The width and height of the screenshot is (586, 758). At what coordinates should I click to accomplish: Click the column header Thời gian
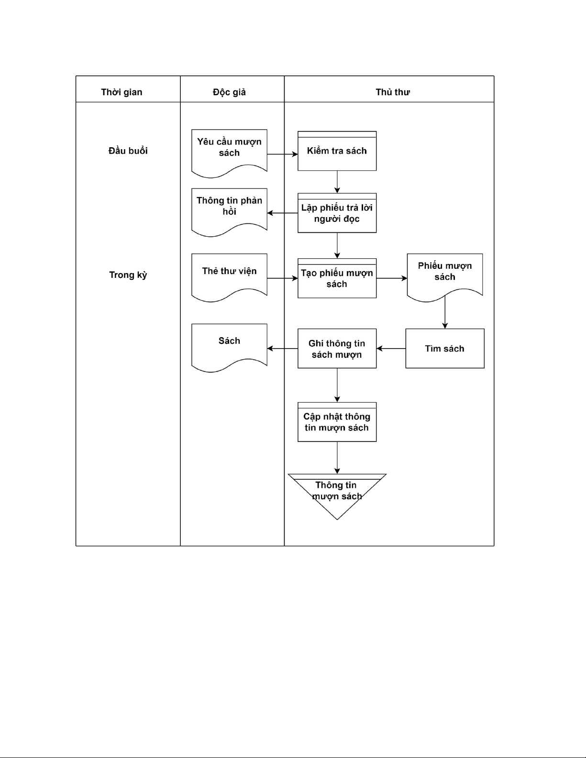click(122, 92)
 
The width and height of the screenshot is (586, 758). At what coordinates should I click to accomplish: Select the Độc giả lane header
click(229, 92)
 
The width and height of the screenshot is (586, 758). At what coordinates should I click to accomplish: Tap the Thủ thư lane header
click(392, 92)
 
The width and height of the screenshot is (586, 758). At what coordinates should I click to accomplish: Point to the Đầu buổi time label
click(128, 151)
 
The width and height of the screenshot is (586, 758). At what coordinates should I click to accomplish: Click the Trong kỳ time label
click(128, 275)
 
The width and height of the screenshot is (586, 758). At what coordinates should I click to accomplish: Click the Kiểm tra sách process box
click(337, 151)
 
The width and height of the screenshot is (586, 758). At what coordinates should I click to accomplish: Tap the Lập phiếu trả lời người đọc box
click(337, 213)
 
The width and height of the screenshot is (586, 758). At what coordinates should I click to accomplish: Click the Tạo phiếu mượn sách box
click(337, 278)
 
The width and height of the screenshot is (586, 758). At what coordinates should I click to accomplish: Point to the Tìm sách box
click(444, 349)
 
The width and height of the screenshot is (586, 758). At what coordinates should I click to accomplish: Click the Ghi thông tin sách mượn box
click(337, 349)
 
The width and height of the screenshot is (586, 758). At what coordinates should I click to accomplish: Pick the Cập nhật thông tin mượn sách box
click(337, 422)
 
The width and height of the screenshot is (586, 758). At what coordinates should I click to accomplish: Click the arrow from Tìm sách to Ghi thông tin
click(391, 349)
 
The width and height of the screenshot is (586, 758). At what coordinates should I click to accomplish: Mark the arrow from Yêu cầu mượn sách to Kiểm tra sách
click(282, 154)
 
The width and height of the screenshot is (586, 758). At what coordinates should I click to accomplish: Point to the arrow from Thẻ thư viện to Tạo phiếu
click(282, 278)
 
